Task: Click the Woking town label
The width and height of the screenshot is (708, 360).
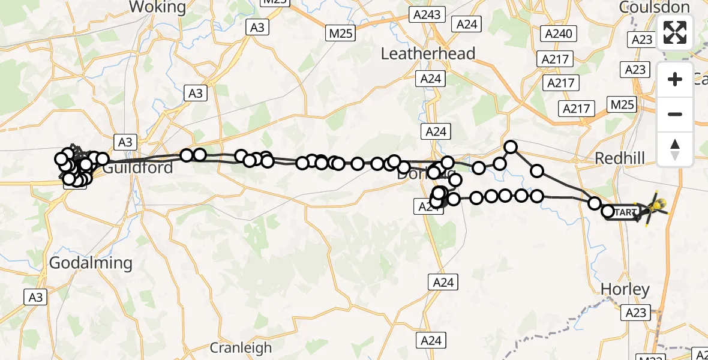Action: (x=158, y=7)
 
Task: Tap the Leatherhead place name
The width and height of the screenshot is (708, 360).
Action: (x=428, y=53)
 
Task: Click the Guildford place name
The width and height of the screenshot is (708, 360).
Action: (x=138, y=167)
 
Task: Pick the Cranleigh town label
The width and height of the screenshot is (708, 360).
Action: (x=241, y=347)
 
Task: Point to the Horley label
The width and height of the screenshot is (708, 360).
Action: (x=625, y=290)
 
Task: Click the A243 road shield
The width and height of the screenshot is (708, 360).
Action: (x=425, y=14)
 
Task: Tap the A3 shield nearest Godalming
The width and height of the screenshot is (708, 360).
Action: (x=35, y=296)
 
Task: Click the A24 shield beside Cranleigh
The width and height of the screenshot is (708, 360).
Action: (x=431, y=340)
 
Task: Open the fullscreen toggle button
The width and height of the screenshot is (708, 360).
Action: (x=675, y=32)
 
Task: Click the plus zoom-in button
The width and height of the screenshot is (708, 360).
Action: (x=675, y=79)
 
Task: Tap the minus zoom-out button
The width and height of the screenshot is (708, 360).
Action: (x=675, y=114)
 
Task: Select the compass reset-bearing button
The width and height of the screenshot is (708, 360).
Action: (x=675, y=149)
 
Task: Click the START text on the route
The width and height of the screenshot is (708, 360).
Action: (x=625, y=212)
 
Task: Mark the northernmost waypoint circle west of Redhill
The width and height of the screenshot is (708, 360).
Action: (x=511, y=146)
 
